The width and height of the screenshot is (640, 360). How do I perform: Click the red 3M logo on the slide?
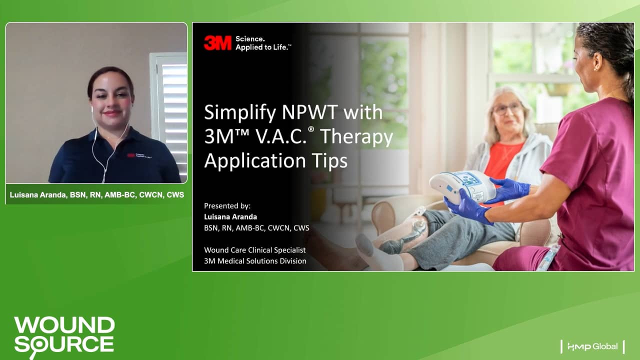pyautogui.click(x=217, y=43)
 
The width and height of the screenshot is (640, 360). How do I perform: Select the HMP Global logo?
pyautogui.click(x=592, y=346)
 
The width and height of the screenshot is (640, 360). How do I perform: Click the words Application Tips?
pyautogui.click(x=275, y=160)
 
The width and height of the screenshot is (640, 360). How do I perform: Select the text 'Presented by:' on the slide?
pyautogui.click(x=227, y=205)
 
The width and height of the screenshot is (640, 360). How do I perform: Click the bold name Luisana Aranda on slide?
pyautogui.click(x=230, y=216)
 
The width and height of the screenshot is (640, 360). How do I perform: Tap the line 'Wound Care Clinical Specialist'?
pyautogui.click(x=254, y=250)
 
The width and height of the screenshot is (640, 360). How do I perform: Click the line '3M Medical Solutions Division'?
pyautogui.click(x=255, y=261)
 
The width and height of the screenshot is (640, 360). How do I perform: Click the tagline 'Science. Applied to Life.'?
pyautogui.click(x=263, y=43)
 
